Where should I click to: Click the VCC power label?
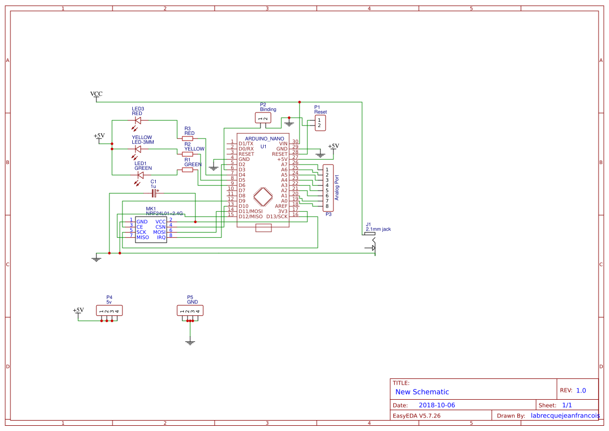coord(96,94)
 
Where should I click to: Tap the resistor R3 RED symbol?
coord(188,138)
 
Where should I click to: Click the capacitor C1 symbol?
coord(154,193)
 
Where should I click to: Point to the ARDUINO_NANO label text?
coord(264,138)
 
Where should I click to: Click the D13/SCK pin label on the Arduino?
coord(277,217)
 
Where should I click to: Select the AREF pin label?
coord(281,206)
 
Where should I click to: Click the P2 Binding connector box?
coord(264,119)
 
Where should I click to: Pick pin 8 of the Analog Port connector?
coord(327,206)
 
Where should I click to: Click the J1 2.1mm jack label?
coord(378,229)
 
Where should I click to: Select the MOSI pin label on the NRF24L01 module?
coord(159,232)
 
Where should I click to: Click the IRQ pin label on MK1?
coord(161,237)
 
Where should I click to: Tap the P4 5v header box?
coord(109,311)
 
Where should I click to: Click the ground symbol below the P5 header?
coord(190,342)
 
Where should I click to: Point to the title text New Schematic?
coord(422,392)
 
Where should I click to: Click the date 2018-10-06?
coord(437,405)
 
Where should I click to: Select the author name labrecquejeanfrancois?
coord(565,416)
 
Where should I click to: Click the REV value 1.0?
coord(581,390)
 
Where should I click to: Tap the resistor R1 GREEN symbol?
coord(188,170)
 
